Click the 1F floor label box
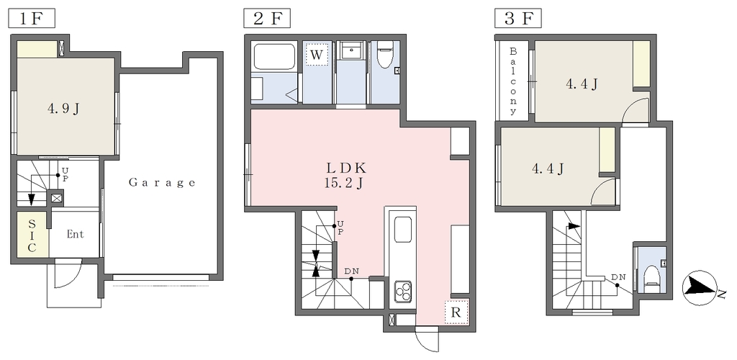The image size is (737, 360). tap(32, 19)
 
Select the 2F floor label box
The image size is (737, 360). tap(266, 19)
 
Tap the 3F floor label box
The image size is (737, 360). tap(518, 19)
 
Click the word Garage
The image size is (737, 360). tap(162, 183)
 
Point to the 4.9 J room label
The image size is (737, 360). tap(63, 109)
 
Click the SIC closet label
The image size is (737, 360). tap(32, 235)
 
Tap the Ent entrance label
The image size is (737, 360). tap(75, 234)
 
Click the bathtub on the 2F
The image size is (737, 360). tap(275, 57)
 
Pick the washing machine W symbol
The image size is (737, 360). tap(317, 55)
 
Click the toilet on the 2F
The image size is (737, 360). tap(384, 55)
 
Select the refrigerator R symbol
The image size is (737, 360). tap(456, 312)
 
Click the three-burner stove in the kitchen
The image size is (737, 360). tap(402, 291)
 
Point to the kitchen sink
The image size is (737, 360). tap(403, 230)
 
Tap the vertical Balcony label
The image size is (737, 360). tap(513, 81)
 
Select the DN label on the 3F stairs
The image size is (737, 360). tap(618, 276)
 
